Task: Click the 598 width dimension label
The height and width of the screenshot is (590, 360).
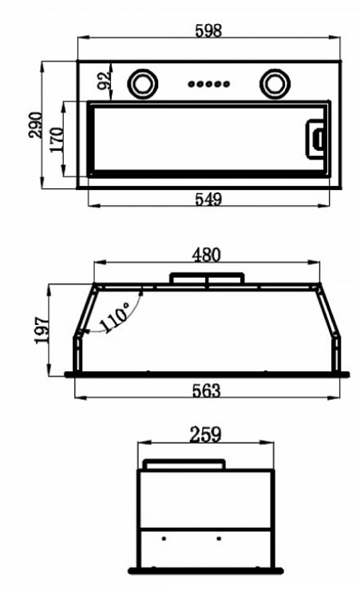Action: pyautogui.click(x=209, y=30)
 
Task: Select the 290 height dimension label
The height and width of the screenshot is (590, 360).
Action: pyautogui.click(x=36, y=125)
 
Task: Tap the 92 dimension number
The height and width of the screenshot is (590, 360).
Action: pyautogui.click(x=105, y=80)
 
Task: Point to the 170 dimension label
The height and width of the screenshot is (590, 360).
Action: pyautogui.click(x=57, y=140)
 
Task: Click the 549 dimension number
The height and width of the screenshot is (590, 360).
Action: pyautogui.click(x=209, y=199)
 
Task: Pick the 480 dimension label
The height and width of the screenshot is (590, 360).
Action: pyautogui.click(x=206, y=255)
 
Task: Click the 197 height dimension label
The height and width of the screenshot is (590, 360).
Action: pyautogui.click(x=42, y=330)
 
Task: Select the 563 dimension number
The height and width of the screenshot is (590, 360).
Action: pyautogui.click(x=206, y=390)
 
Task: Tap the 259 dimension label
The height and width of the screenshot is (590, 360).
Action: pyautogui.click(x=205, y=434)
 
